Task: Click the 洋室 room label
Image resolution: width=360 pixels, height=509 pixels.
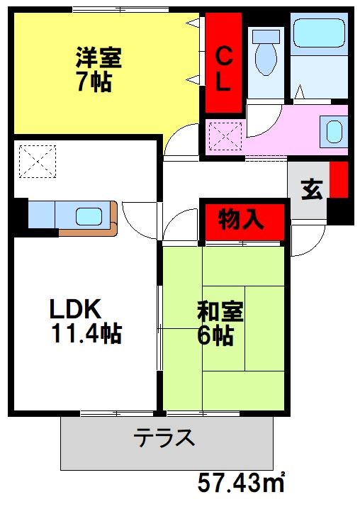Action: pyautogui.click(x=99, y=57)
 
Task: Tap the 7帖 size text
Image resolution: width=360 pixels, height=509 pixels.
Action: pyautogui.click(x=93, y=82)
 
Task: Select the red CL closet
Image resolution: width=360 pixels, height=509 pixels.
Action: pyautogui.click(x=223, y=64)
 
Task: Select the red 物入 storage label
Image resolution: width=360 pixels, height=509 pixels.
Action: pyautogui.click(x=241, y=220)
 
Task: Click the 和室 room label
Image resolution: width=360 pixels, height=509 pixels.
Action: pyautogui.click(x=220, y=312)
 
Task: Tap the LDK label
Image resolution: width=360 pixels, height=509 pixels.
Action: pyautogui.click(x=76, y=309)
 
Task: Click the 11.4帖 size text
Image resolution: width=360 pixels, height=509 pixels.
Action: pyautogui.click(x=85, y=332)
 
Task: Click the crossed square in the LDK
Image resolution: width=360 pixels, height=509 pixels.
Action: pyautogui.click(x=37, y=162)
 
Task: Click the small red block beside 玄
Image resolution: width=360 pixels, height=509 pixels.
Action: pyautogui.click(x=339, y=181)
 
